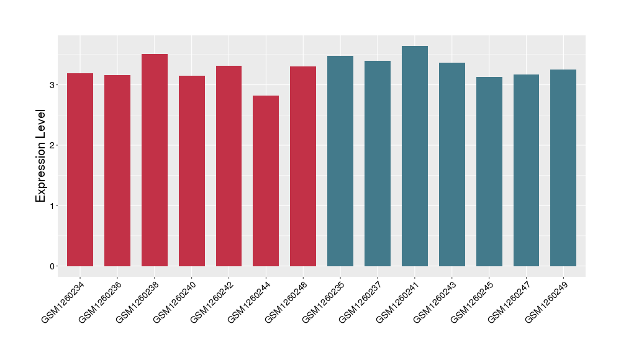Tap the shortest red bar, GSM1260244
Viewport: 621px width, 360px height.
[x=266, y=181]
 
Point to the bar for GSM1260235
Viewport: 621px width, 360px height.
[x=340, y=161]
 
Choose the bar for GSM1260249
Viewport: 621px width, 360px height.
[x=563, y=168]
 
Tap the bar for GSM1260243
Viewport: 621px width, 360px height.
[x=452, y=164]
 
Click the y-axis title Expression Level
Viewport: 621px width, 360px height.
[x=40, y=156]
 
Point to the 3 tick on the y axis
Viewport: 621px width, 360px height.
[x=53, y=84]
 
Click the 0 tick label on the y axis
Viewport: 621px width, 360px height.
[x=53, y=266]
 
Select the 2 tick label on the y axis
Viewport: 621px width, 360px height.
[x=53, y=145]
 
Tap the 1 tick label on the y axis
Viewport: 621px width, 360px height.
[x=53, y=206]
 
